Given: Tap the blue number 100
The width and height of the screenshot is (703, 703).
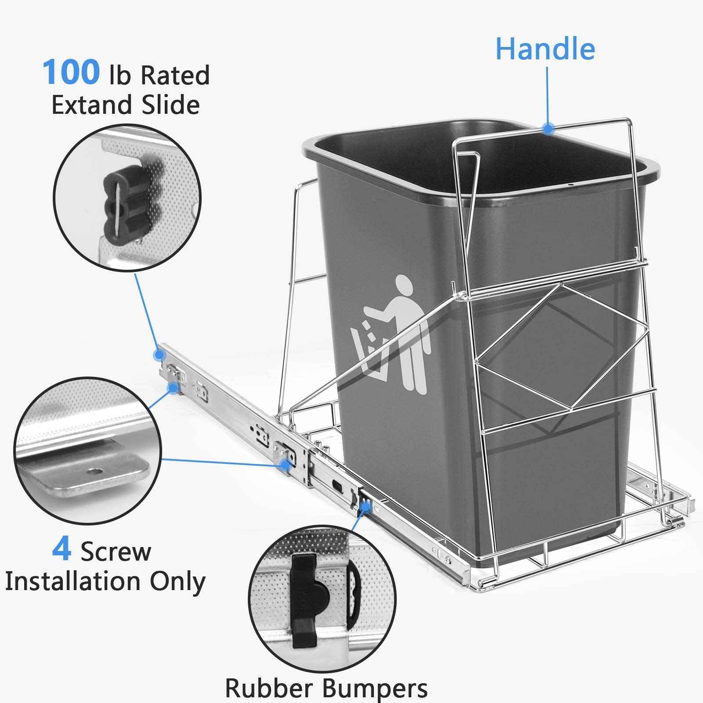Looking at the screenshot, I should tap(71, 72).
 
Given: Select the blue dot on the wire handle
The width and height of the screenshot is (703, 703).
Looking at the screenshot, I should tap(547, 129).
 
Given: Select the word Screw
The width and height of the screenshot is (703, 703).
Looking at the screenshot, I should tap(115, 551).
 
